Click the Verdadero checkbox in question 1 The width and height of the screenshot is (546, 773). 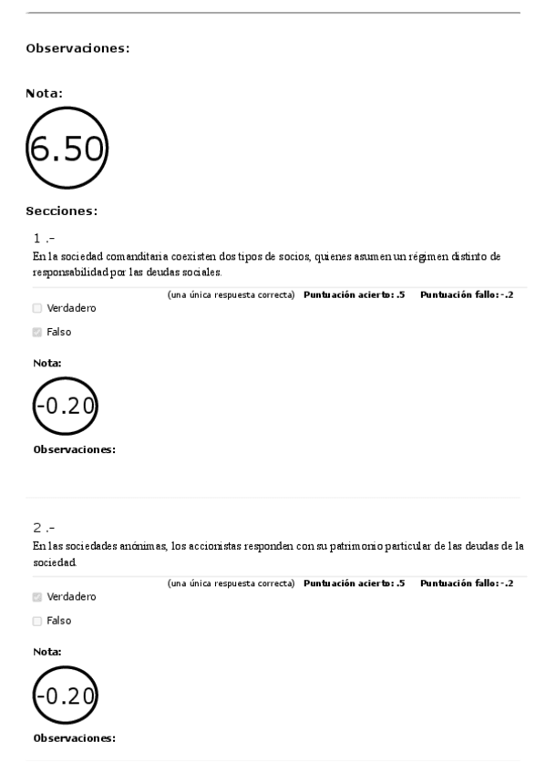coord(37,308)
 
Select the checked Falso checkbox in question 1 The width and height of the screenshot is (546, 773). coord(37,332)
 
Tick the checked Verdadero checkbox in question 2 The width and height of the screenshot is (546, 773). coord(37,597)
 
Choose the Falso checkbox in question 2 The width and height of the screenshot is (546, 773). coord(37,621)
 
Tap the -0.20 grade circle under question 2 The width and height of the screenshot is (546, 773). coord(65,696)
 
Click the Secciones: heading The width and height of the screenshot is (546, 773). coord(62,211)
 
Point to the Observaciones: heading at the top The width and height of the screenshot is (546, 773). coord(77,48)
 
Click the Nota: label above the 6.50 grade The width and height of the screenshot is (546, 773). coord(44,92)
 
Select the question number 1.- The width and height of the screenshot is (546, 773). coord(44,240)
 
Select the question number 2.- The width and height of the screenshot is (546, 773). coord(44,529)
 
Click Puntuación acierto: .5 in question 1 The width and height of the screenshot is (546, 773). coord(354,295)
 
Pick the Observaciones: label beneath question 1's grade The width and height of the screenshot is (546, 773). coord(74,449)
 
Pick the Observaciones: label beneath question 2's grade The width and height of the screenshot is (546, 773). coord(74,738)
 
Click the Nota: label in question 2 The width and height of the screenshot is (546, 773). coord(46,653)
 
